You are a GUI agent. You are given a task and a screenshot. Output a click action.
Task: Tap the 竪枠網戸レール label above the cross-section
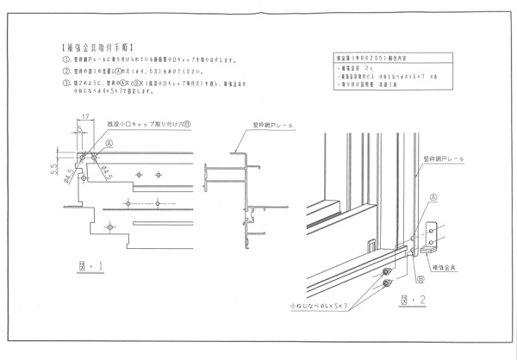[x=274, y=124]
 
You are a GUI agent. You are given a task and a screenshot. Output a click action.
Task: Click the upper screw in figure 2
[x=388, y=273]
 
